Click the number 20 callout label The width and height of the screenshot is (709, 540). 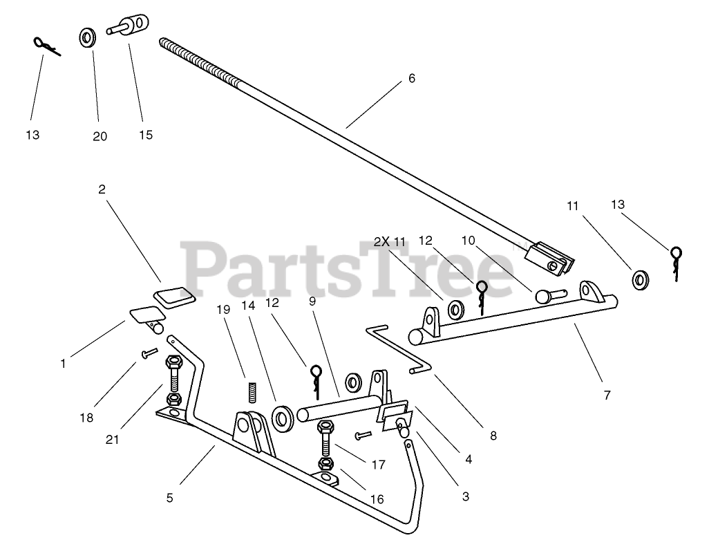click(x=100, y=136)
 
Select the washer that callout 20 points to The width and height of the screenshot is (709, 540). click(x=88, y=37)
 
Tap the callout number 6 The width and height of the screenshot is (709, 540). click(x=412, y=78)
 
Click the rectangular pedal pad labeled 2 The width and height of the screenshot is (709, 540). click(x=173, y=297)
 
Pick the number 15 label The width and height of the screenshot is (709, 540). click(x=145, y=135)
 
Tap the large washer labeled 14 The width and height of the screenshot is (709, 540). click(x=282, y=418)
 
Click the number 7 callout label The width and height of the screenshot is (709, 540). click(x=607, y=395)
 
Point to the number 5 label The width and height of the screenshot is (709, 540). click(x=169, y=497)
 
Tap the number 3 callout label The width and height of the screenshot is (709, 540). click(x=465, y=496)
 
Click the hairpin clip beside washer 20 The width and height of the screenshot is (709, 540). click(x=46, y=46)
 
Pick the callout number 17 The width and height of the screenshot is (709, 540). click(x=378, y=465)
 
